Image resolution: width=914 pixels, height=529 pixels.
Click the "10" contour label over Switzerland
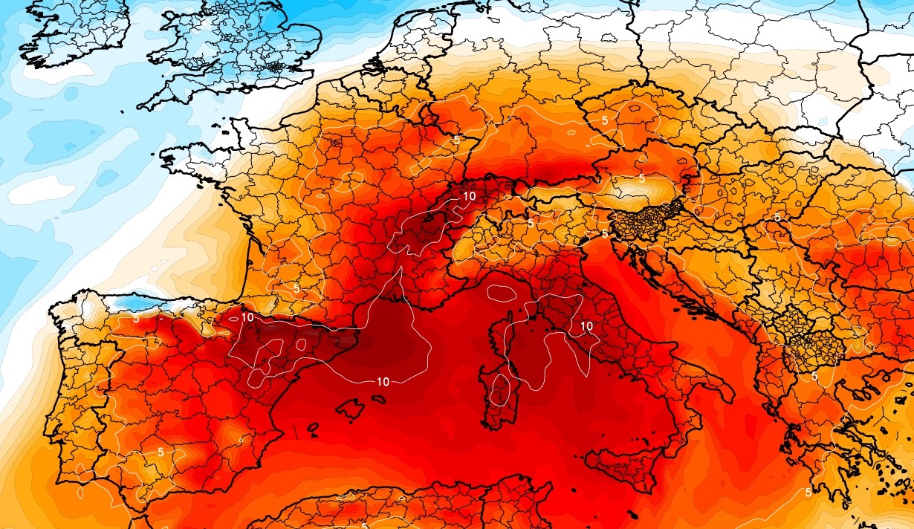coord(469,196)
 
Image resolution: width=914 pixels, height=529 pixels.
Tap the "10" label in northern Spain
coord(247,317)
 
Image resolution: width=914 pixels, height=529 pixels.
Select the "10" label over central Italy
coord(586,325)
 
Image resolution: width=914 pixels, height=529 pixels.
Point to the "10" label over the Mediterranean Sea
coord(383,382)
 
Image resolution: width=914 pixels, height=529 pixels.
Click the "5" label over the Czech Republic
coord(605,120)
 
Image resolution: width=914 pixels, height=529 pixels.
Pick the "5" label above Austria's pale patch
coord(641,178)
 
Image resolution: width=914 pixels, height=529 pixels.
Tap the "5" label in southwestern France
coord(296,288)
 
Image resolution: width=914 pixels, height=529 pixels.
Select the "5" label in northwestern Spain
coord(136,318)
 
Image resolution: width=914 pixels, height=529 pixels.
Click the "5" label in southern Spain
coord(161,451)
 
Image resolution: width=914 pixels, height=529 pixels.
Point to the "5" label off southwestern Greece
coord(808,492)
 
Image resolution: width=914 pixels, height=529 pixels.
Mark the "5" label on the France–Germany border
coord(456,139)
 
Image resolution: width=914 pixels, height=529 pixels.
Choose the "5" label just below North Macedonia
coord(814,376)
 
